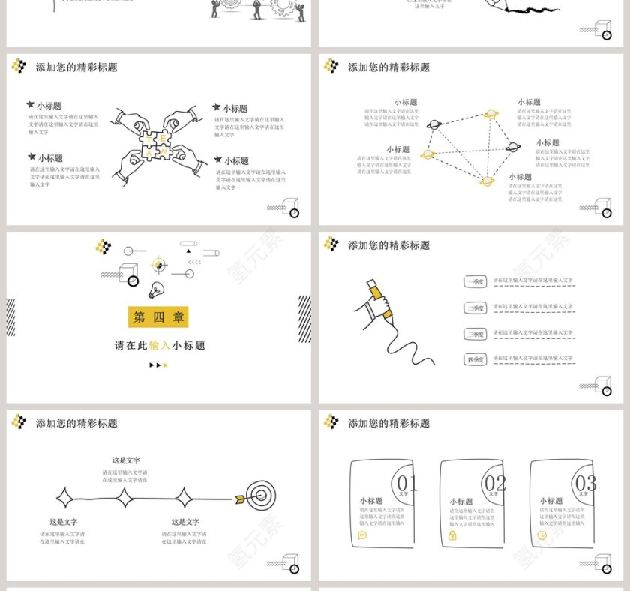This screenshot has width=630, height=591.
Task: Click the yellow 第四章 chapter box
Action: click(x=158, y=317)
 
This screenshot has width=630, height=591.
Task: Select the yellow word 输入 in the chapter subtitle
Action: click(x=160, y=346)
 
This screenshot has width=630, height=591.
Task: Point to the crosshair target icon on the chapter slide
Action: click(x=160, y=264)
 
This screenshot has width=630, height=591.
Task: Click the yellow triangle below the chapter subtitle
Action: click(x=166, y=365)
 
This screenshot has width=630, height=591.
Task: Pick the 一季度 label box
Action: click(x=475, y=281)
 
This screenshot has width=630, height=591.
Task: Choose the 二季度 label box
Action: click(x=475, y=307)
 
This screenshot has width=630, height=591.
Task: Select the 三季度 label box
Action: click(x=475, y=334)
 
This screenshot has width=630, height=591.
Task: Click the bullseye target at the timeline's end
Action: click(x=261, y=496)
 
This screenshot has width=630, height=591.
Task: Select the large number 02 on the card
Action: click(x=496, y=482)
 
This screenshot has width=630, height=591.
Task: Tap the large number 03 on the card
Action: click(x=586, y=482)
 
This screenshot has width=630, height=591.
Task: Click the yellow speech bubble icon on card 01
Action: click(x=362, y=535)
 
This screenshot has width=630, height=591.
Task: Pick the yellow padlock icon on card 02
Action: click(x=452, y=536)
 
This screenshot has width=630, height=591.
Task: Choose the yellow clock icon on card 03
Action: click(x=542, y=535)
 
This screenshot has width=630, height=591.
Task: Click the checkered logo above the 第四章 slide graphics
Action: click(x=103, y=246)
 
